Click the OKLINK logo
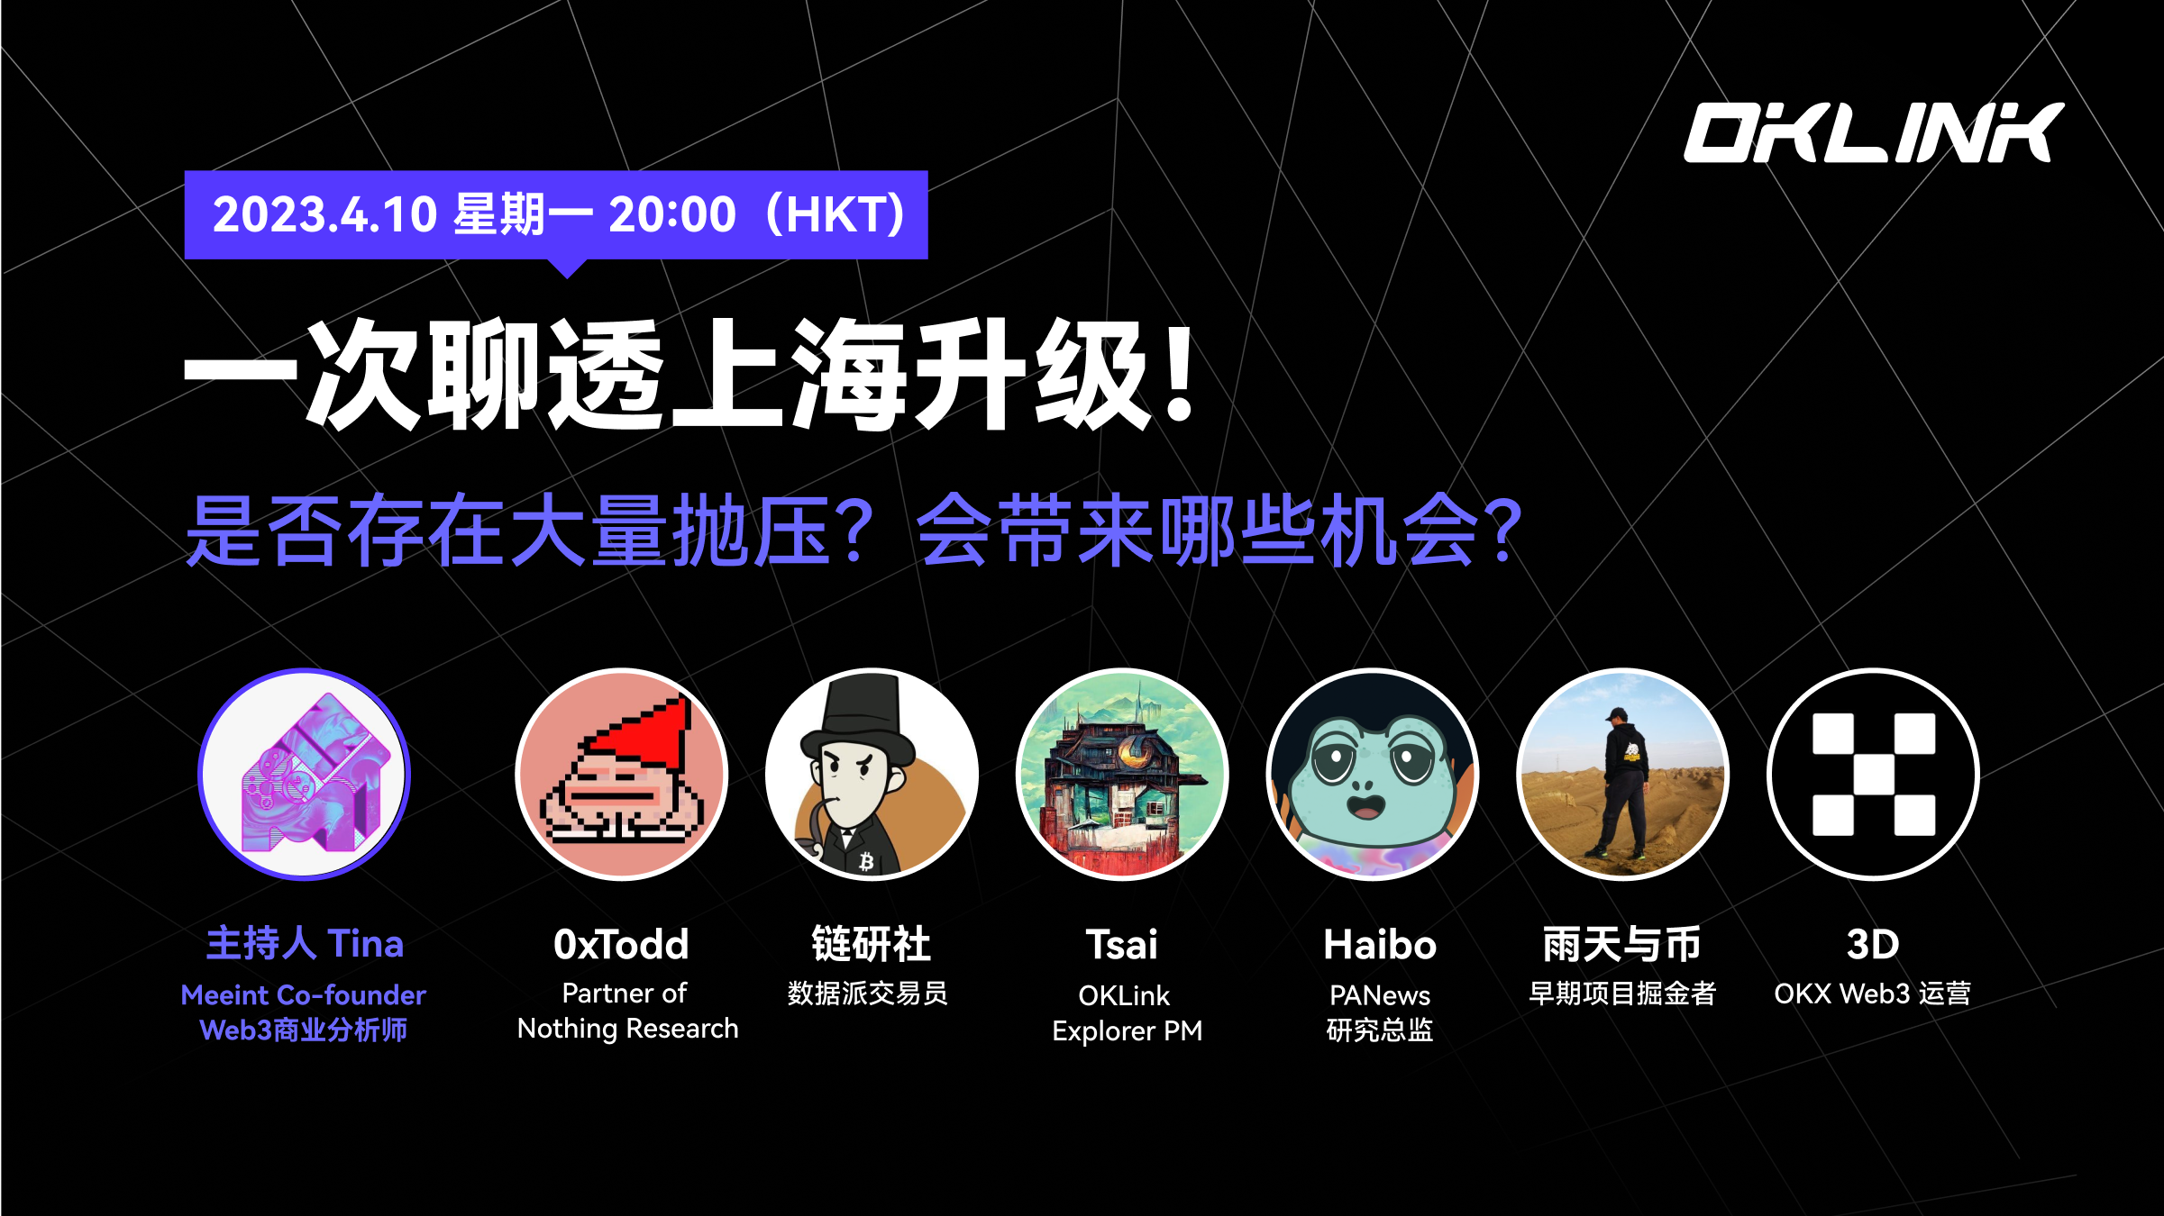point(1874,132)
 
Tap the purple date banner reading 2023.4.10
point(556,216)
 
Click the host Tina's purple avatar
point(305,774)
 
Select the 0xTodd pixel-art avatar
point(622,774)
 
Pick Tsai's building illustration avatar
point(1122,774)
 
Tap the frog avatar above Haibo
point(1373,774)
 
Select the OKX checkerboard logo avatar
point(1873,774)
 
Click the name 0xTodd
point(622,945)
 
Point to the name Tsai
point(1122,945)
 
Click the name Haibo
point(1380,945)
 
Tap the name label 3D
point(1873,945)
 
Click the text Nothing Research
point(628,1029)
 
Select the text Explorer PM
point(1128,1031)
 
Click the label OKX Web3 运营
point(1873,994)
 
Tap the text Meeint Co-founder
point(304,995)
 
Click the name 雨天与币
point(1622,945)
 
